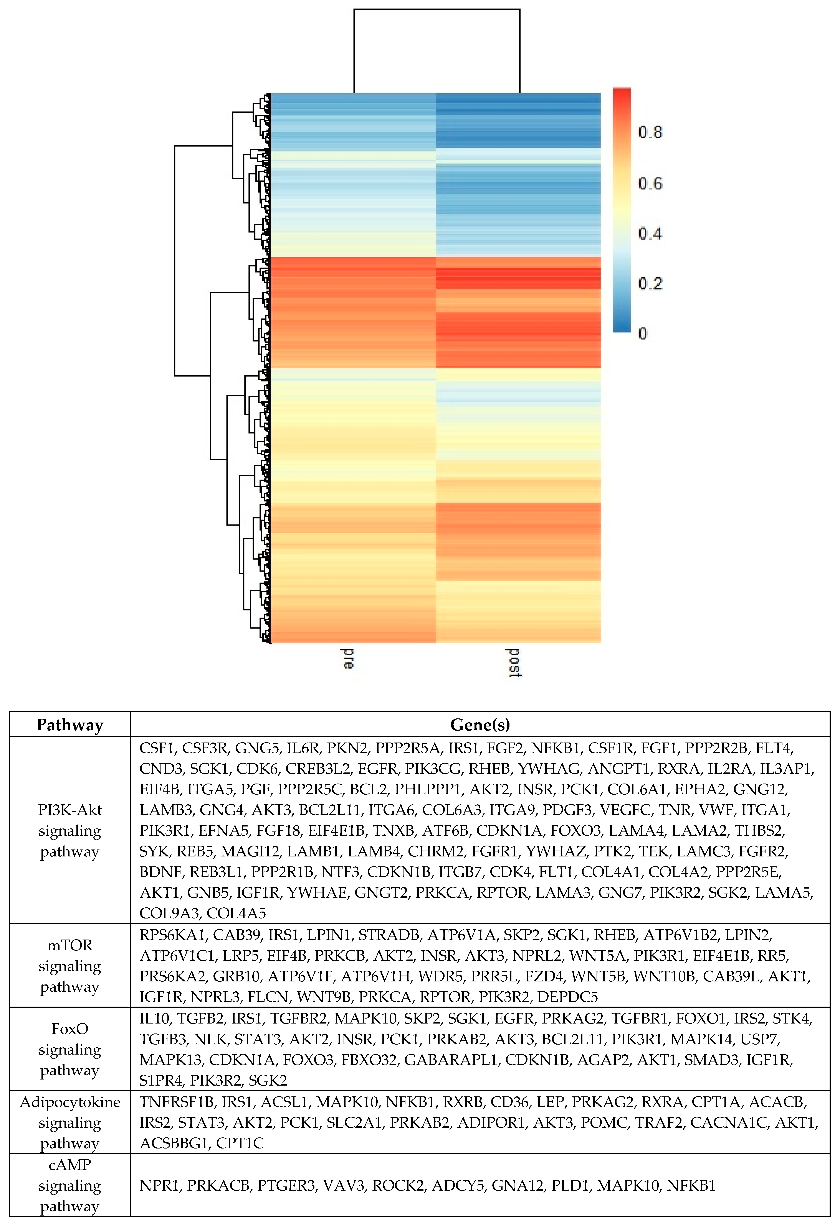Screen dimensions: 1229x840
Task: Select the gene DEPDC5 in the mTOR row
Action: (x=567, y=997)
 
